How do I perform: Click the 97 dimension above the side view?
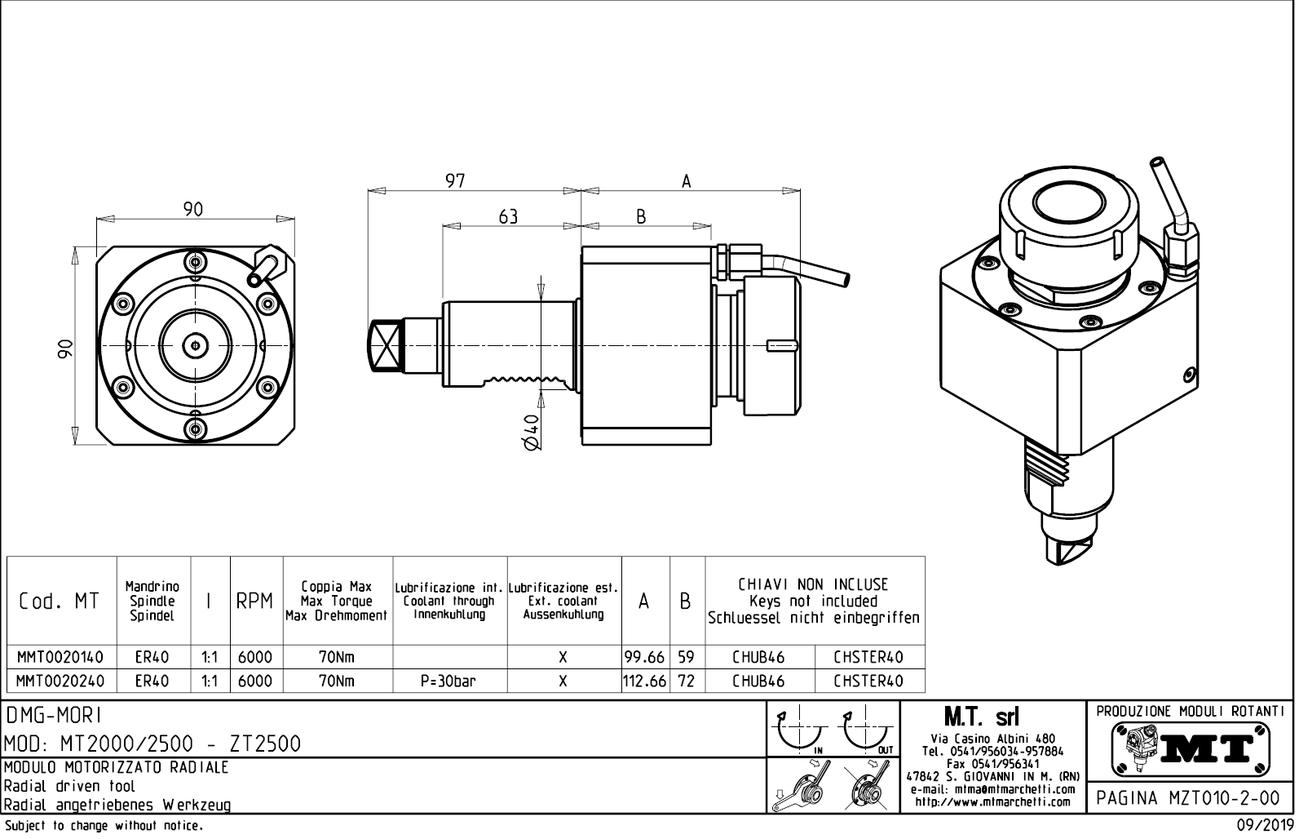tap(455, 180)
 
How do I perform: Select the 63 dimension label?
tap(508, 216)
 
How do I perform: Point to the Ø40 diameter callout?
tap(531, 432)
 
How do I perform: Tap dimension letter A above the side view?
tap(686, 181)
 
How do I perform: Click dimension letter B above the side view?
tap(641, 216)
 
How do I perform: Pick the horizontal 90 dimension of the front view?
tap(192, 210)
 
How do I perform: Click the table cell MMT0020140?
tap(60, 657)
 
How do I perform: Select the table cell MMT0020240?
tap(60, 681)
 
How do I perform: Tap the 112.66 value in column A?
tap(644, 681)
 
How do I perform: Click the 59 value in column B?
tap(686, 657)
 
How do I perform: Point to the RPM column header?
tap(254, 602)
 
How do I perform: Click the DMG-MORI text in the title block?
tap(55, 716)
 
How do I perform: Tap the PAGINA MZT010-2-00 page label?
tap(1190, 797)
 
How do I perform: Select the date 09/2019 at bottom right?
tap(1264, 826)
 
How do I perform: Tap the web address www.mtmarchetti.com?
tap(992, 801)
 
